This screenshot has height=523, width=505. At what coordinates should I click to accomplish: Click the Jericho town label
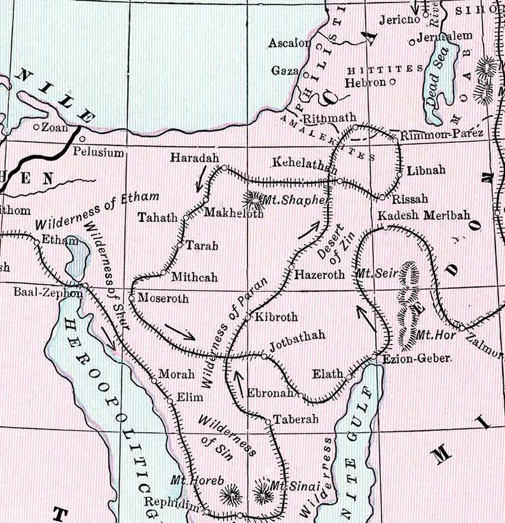coord(400,20)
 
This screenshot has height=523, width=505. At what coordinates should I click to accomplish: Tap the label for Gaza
coord(284,71)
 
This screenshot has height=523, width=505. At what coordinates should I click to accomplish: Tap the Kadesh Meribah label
coord(424,215)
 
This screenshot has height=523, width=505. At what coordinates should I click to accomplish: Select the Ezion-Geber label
coord(417,358)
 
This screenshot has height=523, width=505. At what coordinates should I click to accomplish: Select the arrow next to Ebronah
coord(239,379)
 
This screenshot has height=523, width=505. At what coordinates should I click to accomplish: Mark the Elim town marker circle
coord(170,401)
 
